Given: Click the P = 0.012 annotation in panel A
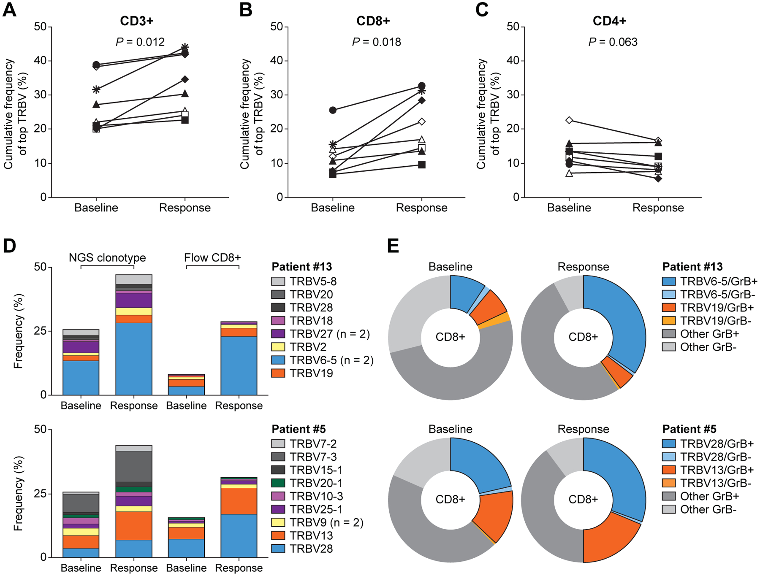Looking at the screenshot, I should pos(140,42).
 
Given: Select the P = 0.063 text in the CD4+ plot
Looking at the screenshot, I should pos(613,42).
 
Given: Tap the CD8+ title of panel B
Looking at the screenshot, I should pos(373,21).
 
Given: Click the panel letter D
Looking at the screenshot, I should pos(9,246).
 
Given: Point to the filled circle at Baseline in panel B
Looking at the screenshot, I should pos(333,110).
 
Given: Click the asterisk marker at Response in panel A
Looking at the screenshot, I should pos(185,47).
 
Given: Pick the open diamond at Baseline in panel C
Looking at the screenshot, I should pos(569,120).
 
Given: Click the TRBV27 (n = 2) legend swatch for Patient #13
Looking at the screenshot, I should pos(278,334).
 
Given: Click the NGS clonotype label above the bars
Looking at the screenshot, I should pos(107,258).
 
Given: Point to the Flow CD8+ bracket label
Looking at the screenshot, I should pos(212,258).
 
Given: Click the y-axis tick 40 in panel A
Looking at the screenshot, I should pos(41,61).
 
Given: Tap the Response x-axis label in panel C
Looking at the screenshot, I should pos(658,208).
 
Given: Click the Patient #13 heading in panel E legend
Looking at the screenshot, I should pos(692,267).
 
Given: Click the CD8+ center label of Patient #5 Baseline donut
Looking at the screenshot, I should pos(450,500).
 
